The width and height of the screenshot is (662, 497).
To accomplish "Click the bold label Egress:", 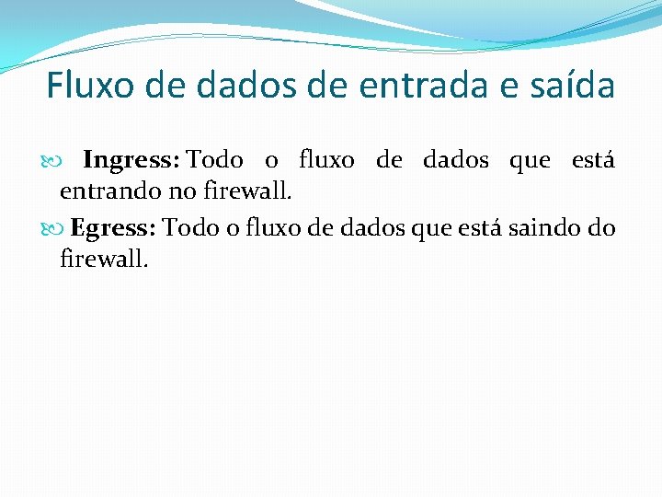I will [x=114, y=227].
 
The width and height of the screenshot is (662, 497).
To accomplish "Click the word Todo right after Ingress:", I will [x=216, y=160].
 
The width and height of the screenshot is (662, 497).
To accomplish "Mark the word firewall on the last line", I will [x=103, y=260].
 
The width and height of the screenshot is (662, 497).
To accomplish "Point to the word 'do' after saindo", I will [x=600, y=227].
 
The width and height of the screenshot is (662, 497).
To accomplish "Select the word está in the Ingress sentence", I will [x=593, y=160].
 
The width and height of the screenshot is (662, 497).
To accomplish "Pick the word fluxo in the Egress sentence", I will [x=275, y=227].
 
